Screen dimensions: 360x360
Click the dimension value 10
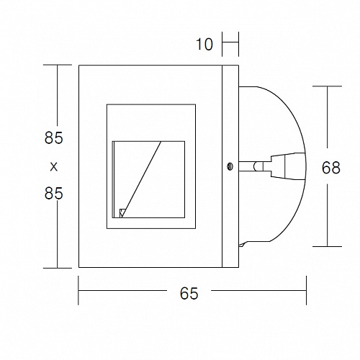[204, 45]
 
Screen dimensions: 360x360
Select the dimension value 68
[331, 168]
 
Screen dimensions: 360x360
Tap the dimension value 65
[189, 293]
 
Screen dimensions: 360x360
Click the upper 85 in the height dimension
[53, 138]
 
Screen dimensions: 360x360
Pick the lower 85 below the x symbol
[53, 194]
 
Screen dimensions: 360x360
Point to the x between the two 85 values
[54, 166]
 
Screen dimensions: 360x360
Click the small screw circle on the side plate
[230, 166]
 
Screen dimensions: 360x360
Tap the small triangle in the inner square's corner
[122, 213]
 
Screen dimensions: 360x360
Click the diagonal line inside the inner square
[141, 179]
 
